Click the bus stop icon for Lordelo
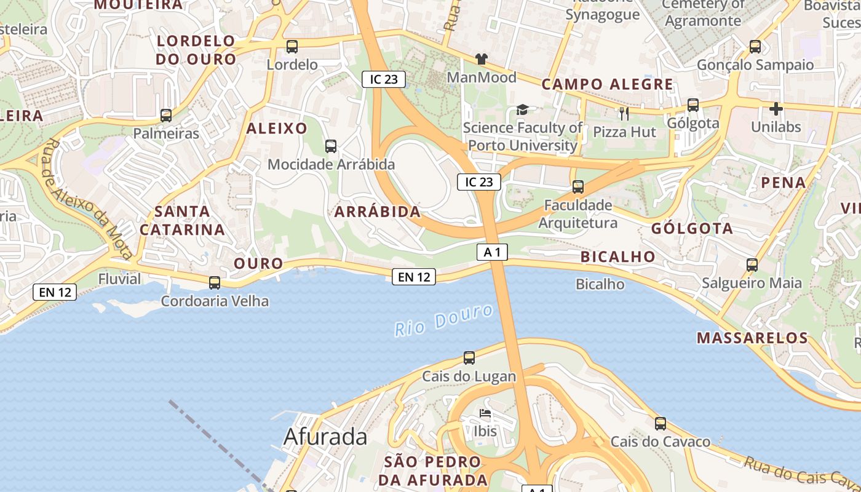292,46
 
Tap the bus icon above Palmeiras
165,115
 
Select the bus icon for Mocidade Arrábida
331,146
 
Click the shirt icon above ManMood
481,59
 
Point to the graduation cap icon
522,109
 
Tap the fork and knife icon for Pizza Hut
624,113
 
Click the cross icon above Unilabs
776,109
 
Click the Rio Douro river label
443,320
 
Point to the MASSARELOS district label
752,338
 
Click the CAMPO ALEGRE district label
607,84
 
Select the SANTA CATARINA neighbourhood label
182,220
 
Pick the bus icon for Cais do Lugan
469,358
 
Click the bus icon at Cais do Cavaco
661,423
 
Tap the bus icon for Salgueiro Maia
752,265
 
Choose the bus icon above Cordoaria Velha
215,283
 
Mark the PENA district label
784,182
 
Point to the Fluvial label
119,279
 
